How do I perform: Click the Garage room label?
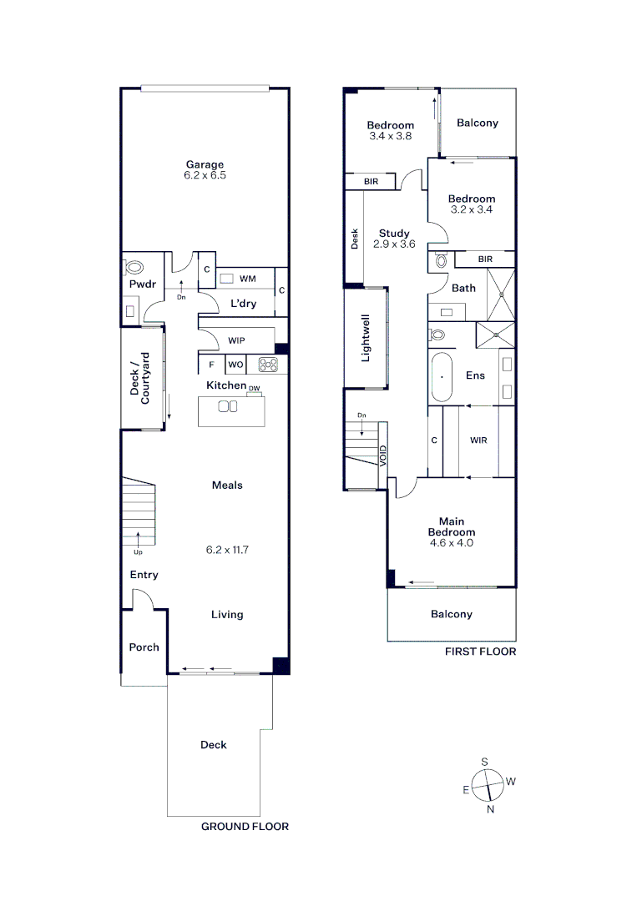pyautogui.click(x=205, y=164)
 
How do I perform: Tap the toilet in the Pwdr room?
pyautogui.click(x=134, y=269)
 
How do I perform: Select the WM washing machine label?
pyautogui.click(x=247, y=278)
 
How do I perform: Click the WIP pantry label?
pyautogui.click(x=236, y=340)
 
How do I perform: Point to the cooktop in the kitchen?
pyautogui.click(x=268, y=364)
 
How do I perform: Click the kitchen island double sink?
pyautogui.click(x=228, y=406)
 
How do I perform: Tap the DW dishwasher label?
pyautogui.click(x=254, y=389)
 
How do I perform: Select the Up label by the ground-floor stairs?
pyautogui.click(x=137, y=551)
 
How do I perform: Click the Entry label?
pyautogui.click(x=144, y=575)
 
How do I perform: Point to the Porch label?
pyautogui.click(x=144, y=647)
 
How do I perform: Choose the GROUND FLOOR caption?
pyautogui.click(x=245, y=826)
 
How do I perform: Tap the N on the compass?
pyautogui.click(x=490, y=808)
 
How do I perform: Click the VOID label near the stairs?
pyautogui.click(x=383, y=454)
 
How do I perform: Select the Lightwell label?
pyautogui.click(x=365, y=338)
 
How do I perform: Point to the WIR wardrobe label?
pyautogui.click(x=478, y=440)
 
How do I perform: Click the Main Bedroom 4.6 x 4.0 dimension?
pyautogui.click(x=452, y=542)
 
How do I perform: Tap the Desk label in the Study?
pyautogui.click(x=354, y=239)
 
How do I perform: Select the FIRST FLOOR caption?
pyautogui.click(x=480, y=652)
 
